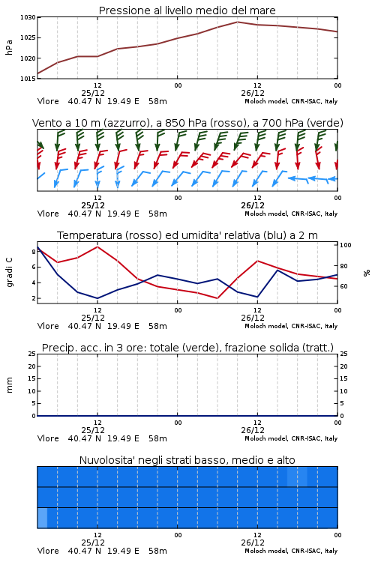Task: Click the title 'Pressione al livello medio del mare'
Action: (x=187, y=10)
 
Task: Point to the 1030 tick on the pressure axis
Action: (x=28, y=17)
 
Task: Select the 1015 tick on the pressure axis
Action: (x=28, y=79)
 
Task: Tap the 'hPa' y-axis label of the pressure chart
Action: (x=9, y=47)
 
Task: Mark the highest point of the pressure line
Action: (x=237, y=22)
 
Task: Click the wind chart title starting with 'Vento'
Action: (x=187, y=123)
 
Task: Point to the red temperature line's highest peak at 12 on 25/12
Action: (x=97, y=247)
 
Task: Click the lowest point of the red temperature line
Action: (x=217, y=298)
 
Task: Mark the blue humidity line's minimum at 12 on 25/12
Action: (x=97, y=298)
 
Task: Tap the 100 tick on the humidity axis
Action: (x=346, y=245)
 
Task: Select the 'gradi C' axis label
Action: (x=9, y=272)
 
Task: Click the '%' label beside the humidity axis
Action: (x=367, y=273)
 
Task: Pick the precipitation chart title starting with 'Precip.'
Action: (x=187, y=348)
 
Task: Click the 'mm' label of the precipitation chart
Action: (x=9, y=385)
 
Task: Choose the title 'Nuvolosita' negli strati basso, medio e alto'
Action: (x=187, y=460)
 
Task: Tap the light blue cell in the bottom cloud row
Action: (x=42, y=518)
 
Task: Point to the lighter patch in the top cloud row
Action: (x=297, y=477)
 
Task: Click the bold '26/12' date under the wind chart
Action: (x=253, y=205)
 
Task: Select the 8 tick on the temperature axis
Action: (x=34, y=252)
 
